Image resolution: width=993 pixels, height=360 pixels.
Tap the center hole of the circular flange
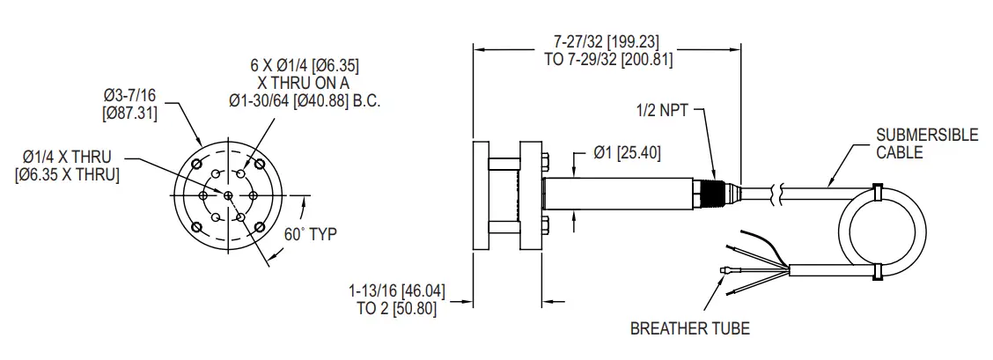pyautogui.click(x=228, y=195)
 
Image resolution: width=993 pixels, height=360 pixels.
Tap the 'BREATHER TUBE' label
pyautogui.click(x=689, y=329)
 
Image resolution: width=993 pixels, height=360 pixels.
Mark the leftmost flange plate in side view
pyautogui.click(x=480, y=195)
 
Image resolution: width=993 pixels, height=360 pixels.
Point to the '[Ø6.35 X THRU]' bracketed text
pyautogui.click(x=67, y=174)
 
